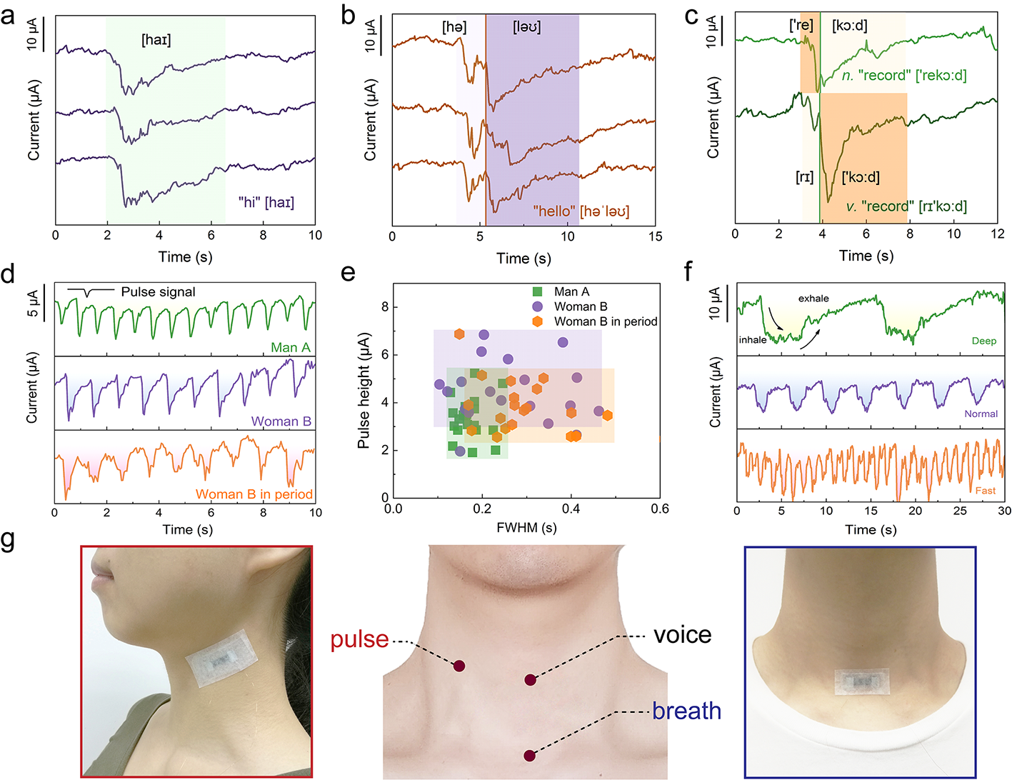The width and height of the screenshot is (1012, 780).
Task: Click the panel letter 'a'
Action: (x=8, y=16)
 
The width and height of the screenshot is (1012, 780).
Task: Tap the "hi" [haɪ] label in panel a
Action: (x=266, y=203)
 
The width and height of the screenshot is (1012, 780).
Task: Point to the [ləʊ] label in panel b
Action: (x=527, y=28)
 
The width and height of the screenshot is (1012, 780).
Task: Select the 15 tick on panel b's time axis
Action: (x=655, y=236)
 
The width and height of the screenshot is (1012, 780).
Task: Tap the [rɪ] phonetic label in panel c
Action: (x=804, y=177)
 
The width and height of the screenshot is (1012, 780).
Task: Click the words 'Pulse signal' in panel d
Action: (x=158, y=292)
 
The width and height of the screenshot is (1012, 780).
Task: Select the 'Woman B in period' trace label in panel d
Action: (x=254, y=494)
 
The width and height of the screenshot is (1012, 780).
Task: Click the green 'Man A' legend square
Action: (x=537, y=292)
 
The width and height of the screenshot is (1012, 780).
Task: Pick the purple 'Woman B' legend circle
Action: (x=537, y=306)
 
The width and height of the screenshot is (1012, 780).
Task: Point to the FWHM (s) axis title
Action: (x=526, y=528)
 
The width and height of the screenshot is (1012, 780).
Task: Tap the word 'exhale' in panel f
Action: (x=813, y=299)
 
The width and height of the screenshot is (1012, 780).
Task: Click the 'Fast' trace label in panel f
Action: (x=985, y=491)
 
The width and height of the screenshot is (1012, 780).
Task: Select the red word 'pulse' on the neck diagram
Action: (x=359, y=639)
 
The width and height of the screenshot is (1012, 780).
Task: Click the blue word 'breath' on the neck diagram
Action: (x=686, y=711)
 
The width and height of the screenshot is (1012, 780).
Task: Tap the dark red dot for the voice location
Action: (x=530, y=680)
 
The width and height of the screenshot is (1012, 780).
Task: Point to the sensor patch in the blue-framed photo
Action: (x=861, y=682)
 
